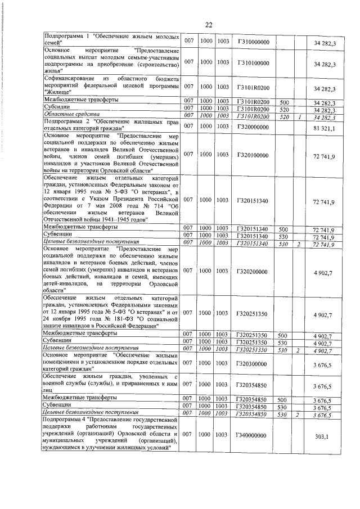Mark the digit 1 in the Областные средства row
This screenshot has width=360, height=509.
click(x=301, y=116)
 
